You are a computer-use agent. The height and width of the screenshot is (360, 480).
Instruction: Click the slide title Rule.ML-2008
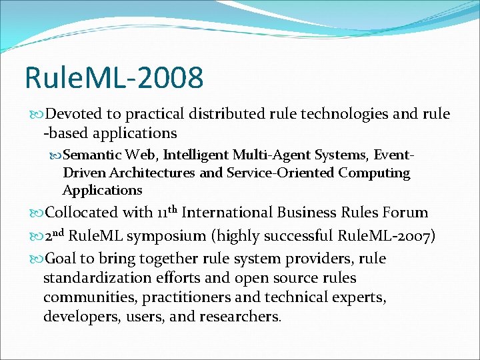[x=114, y=78]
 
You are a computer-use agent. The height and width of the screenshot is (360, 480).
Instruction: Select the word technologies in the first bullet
[x=314, y=114]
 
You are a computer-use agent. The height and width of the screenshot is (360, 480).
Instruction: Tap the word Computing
[x=374, y=173]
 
